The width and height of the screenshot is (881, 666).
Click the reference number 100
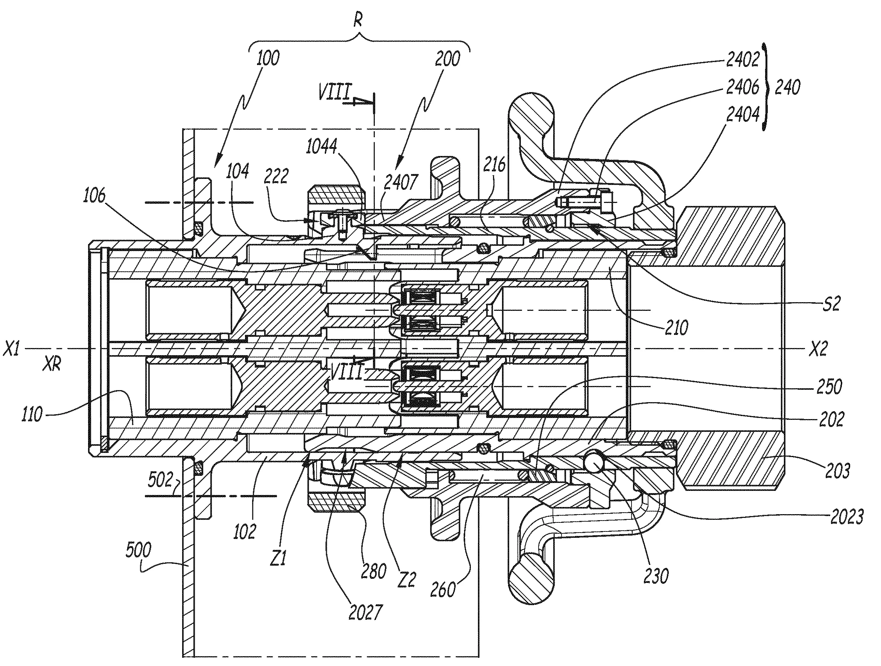(x=268, y=59)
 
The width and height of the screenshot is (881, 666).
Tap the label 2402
(x=743, y=60)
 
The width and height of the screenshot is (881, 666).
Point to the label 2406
(x=743, y=87)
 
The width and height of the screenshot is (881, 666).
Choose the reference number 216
(x=495, y=164)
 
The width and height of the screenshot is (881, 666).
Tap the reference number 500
(x=138, y=551)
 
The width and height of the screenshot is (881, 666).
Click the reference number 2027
(x=365, y=612)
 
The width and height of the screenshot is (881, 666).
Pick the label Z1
(x=278, y=559)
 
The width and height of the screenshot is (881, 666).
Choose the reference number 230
(x=656, y=576)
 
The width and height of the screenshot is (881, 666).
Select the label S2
(x=831, y=304)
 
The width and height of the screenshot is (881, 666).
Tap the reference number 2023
(x=847, y=517)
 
